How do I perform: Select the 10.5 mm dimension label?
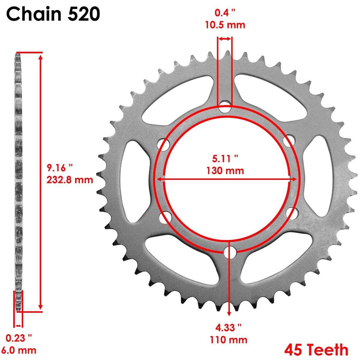pos(225,25)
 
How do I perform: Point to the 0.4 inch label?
pos(225,13)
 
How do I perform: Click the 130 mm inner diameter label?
pos(225,171)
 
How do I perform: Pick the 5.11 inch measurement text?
pos(225,158)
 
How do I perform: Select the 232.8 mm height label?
pos(70,180)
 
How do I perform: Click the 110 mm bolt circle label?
pos(229,340)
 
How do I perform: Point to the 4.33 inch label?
pos(229,327)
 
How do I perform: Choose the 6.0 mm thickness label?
pos(19,350)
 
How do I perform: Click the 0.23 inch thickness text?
pos(19,338)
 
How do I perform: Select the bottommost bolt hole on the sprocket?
pos(230,251)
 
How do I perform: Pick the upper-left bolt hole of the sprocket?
pos(164,145)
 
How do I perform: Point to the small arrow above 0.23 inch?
pos(19,326)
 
